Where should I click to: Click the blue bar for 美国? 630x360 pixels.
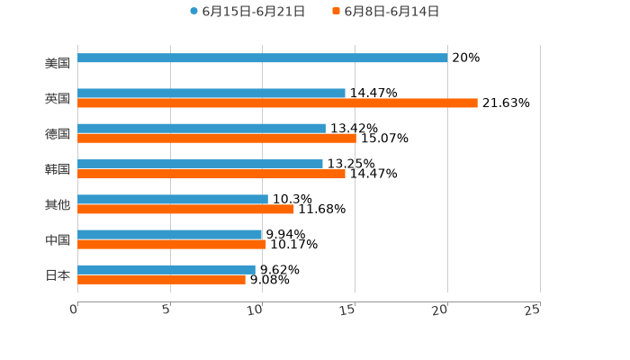coord(262,58)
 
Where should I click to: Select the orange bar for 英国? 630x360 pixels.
coord(277,103)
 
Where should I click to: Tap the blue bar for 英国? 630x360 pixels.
coord(211,94)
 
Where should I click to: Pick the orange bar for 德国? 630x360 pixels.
coord(216,139)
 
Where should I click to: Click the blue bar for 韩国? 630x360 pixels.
coord(200,165)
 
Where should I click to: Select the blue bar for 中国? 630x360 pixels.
coord(169,235)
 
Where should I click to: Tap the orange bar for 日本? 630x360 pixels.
coord(161,280)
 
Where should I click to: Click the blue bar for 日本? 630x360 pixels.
coord(166,270)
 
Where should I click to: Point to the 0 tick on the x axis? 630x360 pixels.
coord(75,310)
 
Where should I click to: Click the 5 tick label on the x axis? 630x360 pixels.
coord(166,310)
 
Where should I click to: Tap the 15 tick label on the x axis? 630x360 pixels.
coord(349,310)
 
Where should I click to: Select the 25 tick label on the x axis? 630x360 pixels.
coord(533,310)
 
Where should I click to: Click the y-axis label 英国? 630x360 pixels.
coord(58,99)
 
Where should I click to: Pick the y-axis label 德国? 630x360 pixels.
coord(58,134)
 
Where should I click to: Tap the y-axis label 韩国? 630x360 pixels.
coord(58,169)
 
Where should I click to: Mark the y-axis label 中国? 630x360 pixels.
coord(58,240)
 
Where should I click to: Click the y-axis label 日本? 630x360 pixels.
coord(58,275)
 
